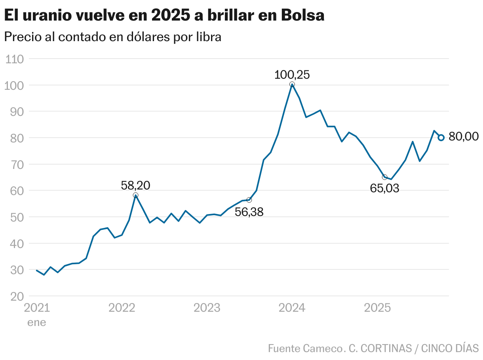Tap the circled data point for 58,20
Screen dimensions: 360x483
(x=135, y=195)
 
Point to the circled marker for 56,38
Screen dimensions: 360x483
(x=249, y=200)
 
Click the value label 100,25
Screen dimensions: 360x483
(x=292, y=75)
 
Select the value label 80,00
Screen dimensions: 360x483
(x=464, y=137)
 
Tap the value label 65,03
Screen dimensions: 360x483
(x=384, y=188)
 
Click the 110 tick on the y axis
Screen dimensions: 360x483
(x=15, y=59)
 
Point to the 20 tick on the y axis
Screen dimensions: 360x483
(x=15, y=296)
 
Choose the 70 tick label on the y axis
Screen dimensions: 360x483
(x=15, y=165)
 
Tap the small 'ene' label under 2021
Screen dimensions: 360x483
(x=36, y=322)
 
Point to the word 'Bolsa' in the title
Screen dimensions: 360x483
(x=303, y=15)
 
